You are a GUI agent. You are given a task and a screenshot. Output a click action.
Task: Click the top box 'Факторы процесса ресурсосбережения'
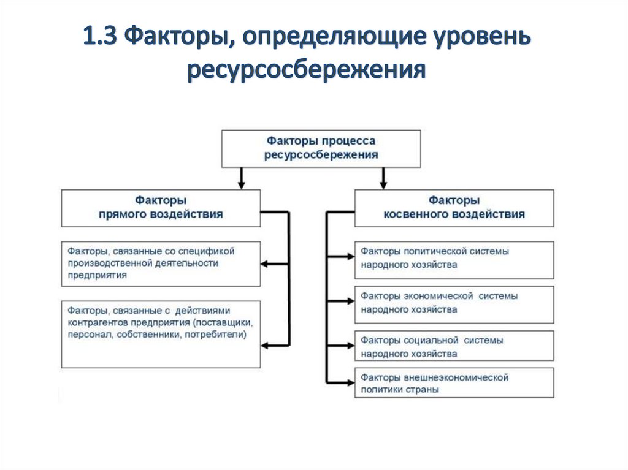[321, 149]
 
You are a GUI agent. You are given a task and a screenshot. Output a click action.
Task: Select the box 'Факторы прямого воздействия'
[161, 208]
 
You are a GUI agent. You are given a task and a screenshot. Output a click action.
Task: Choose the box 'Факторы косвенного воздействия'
[454, 208]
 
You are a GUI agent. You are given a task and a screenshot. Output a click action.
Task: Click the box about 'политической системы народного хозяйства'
[454, 258]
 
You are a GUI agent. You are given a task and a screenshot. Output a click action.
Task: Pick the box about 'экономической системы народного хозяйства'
[454, 303]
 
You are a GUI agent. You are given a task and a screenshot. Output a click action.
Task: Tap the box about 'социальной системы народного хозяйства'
[454, 347]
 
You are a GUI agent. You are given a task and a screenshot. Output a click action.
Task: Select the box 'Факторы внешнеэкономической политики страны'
[454, 383]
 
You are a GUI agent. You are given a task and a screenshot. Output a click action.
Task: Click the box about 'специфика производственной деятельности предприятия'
[161, 263]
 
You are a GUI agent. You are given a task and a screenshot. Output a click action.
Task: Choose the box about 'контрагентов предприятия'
[161, 333]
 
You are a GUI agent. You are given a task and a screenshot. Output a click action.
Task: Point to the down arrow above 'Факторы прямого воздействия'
[242, 183]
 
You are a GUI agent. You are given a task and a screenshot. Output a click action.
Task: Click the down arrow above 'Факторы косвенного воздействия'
[384, 183]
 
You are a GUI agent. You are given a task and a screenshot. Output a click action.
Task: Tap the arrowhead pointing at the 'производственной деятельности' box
[266, 264]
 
